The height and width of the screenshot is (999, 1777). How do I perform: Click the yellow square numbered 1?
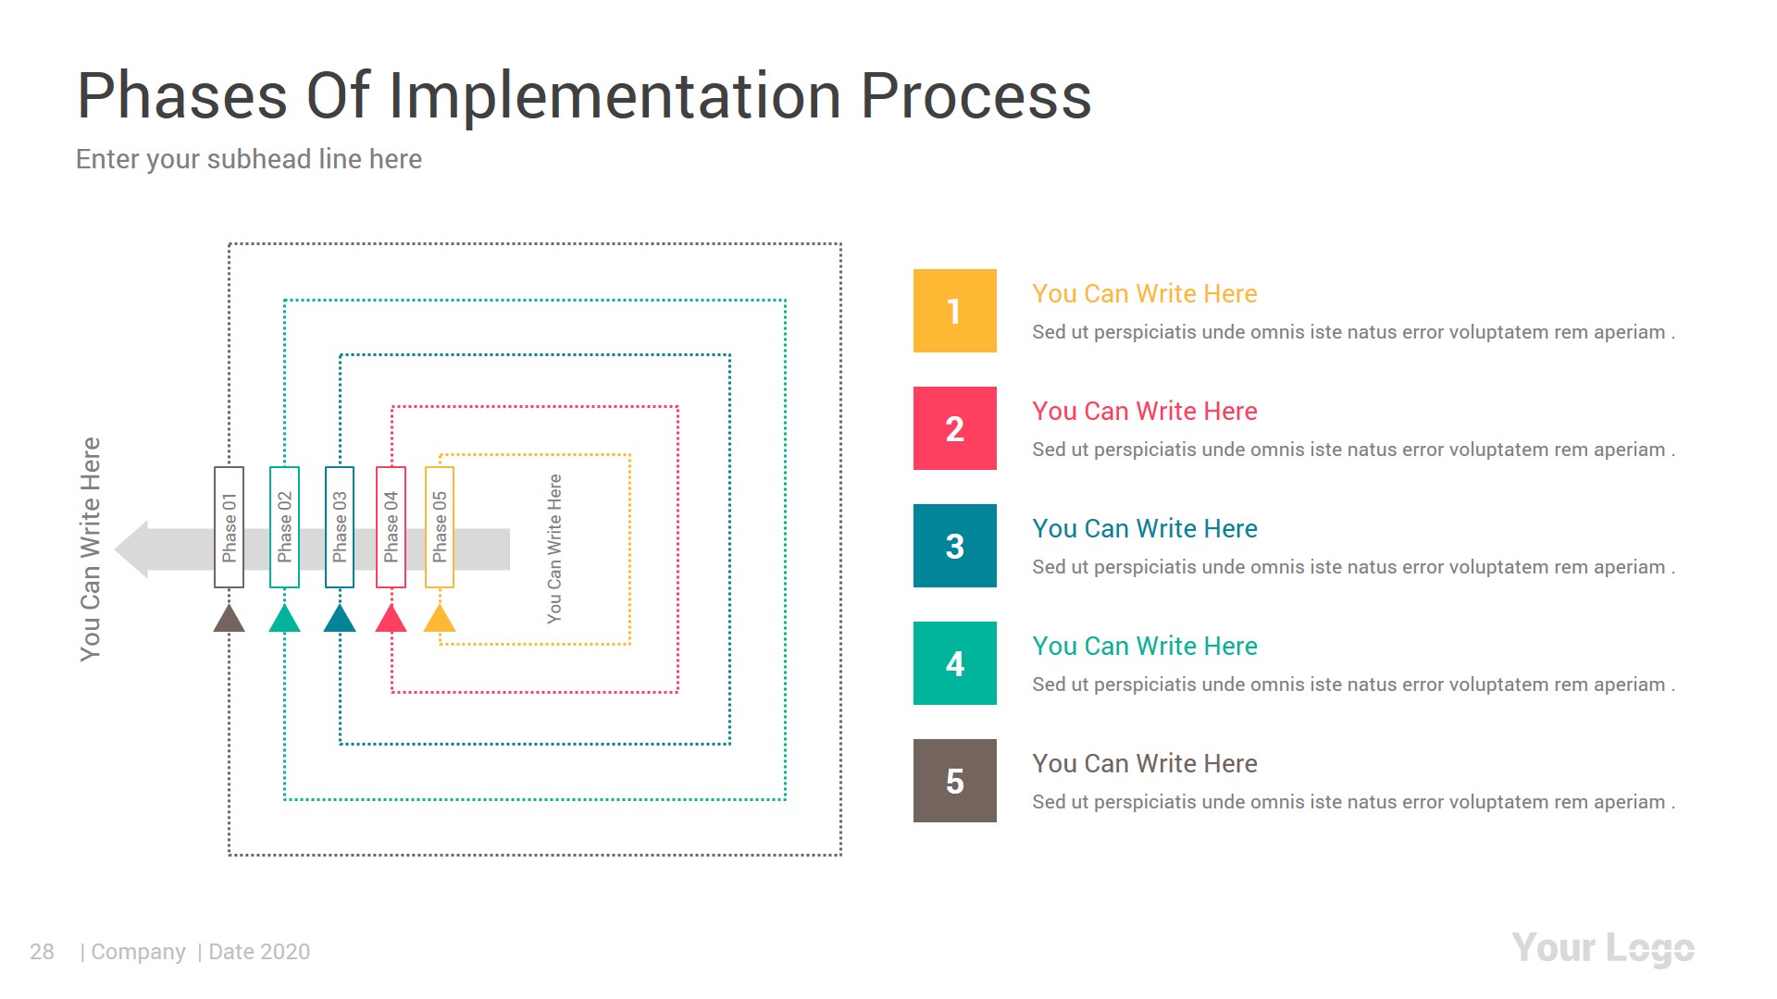[x=954, y=311]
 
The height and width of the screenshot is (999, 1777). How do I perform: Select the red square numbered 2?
[x=954, y=428]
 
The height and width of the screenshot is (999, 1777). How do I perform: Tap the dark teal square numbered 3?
[x=954, y=546]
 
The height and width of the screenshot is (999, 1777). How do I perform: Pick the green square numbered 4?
[x=954, y=663]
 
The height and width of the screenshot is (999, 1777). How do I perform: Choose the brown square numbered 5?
[x=954, y=781]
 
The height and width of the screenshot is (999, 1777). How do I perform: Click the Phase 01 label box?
[x=229, y=527]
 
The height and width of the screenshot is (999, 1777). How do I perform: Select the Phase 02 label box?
[x=284, y=527]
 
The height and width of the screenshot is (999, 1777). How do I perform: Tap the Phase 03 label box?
[x=340, y=527]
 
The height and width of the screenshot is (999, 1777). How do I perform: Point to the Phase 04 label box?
[x=391, y=527]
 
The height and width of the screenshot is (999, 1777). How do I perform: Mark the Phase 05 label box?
[x=440, y=527]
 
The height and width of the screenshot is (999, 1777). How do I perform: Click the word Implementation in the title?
[x=615, y=96]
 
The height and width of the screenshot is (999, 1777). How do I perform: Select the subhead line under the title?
[x=249, y=159]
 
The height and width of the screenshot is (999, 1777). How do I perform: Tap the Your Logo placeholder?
[x=1602, y=949]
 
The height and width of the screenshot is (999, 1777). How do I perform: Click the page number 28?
[x=42, y=952]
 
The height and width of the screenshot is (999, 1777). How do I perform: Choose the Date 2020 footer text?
[x=258, y=952]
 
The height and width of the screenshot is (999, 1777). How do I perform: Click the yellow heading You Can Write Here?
[x=1144, y=294]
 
